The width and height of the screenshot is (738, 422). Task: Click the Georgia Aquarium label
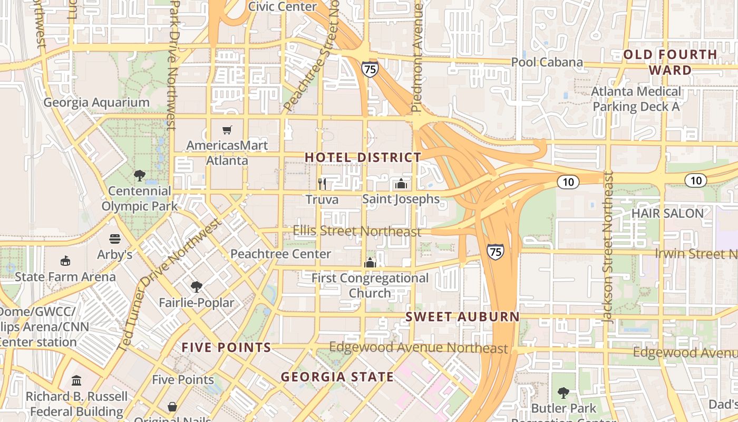tap(96, 102)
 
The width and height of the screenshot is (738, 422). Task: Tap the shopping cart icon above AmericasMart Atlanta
tap(227, 130)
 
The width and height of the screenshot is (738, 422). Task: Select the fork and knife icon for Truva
tap(322, 184)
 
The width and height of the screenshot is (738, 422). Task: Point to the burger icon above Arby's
tap(115, 239)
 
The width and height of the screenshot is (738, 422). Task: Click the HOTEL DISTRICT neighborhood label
tap(363, 157)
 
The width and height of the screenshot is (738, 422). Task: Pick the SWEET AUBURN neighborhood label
tap(462, 317)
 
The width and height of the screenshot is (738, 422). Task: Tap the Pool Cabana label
tap(547, 62)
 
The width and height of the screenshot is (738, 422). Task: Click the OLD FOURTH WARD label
tap(670, 62)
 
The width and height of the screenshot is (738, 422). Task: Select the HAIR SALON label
tap(667, 214)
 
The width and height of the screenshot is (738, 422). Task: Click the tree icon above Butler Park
tap(564, 392)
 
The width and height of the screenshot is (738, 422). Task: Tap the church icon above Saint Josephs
tap(401, 184)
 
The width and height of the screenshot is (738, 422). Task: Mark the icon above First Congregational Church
tap(370, 262)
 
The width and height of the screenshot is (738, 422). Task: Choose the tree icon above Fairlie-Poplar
tap(197, 287)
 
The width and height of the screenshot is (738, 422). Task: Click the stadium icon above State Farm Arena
tap(65, 261)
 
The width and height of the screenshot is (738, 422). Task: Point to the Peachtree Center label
tap(281, 254)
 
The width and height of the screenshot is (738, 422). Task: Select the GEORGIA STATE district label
tap(337, 377)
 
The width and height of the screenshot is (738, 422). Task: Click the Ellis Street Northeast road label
tap(357, 231)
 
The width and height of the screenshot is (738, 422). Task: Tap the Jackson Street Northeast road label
tap(608, 247)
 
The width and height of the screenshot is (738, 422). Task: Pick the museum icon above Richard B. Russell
tap(76, 380)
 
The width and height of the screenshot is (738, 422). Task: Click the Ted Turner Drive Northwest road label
tap(170, 285)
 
